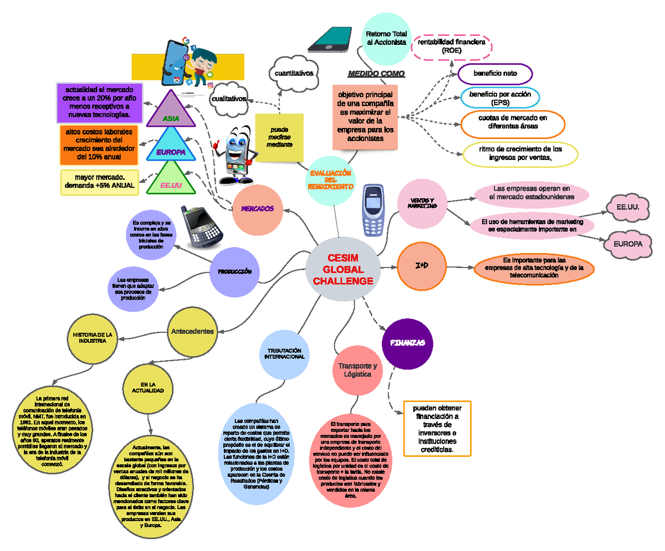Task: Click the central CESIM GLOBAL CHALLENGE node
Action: pos(342,270)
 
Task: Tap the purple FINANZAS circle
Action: pos(407,343)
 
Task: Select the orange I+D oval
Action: pos(421,266)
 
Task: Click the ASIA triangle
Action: pos(171,111)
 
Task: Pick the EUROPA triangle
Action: pos(171,145)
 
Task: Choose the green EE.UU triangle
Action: pos(171,181)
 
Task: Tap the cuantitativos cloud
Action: pos(294,73)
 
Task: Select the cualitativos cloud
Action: pos(229,99)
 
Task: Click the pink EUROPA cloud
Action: pos(627,244)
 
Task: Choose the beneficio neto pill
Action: pos(495,73)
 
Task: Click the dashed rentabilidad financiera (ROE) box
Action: pos(452,46)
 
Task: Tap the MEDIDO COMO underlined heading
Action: pos(376,74)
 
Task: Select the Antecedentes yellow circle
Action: pos(192,331)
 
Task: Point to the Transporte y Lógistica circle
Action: pos(357,370)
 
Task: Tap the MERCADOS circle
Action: pos(257,209)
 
